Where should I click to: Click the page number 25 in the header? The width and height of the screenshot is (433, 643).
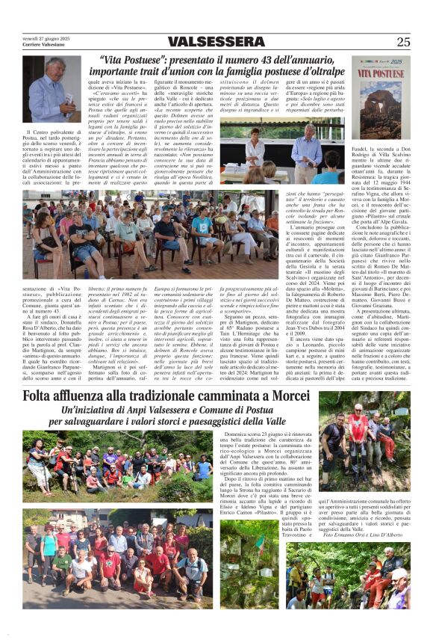pos(403,42)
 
